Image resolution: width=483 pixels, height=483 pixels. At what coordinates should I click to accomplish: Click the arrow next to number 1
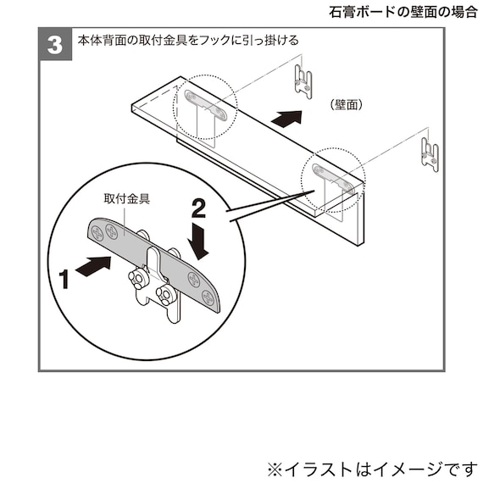tap(92, 267)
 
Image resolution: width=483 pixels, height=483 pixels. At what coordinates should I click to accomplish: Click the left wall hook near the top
tap(301, 79)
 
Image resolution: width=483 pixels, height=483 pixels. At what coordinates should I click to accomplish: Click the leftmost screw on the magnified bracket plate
tap(96, 234)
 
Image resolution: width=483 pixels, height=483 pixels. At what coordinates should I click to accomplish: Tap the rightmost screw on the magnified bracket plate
tap(208, 296)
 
